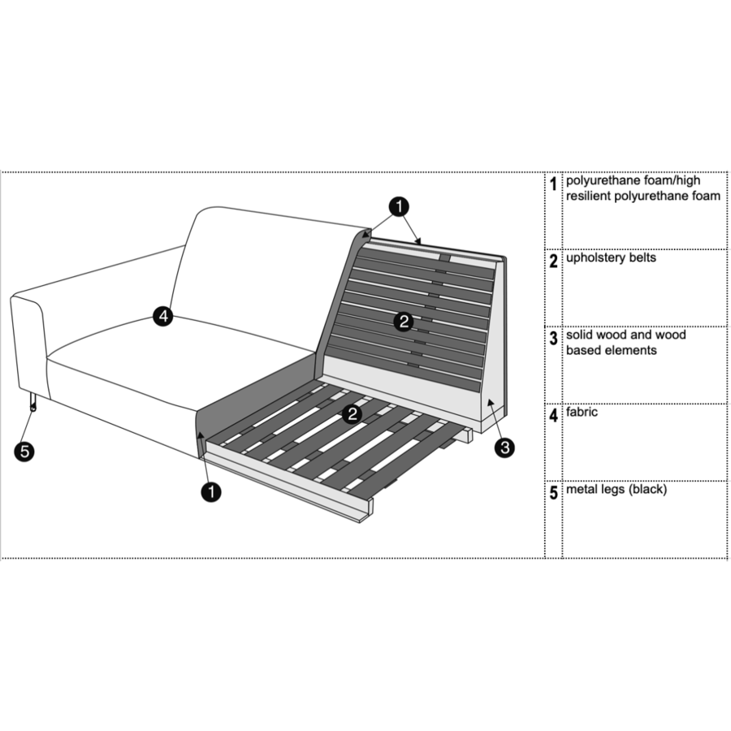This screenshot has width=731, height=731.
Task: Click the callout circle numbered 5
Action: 24,452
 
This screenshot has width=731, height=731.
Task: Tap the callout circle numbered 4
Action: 163,317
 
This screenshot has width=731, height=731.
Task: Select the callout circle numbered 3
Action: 504,448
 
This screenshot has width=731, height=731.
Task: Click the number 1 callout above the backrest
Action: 399,206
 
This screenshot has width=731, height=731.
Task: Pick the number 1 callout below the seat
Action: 211,492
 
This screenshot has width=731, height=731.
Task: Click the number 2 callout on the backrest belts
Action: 404,321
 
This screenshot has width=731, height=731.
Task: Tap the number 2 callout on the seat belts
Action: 353,413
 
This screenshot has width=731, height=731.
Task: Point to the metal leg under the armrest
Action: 32,402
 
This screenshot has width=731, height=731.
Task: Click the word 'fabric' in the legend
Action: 582,412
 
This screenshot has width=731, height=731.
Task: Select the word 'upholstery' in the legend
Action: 593,258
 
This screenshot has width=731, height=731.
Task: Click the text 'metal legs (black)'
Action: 616,490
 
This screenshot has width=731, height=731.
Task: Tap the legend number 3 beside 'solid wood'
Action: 553,338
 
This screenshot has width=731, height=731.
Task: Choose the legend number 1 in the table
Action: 553,184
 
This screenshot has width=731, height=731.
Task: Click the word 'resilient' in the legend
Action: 588,196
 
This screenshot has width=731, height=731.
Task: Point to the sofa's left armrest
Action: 29,345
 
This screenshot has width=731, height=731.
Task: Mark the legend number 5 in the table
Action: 553,493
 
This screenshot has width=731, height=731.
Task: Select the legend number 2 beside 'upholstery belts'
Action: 553,261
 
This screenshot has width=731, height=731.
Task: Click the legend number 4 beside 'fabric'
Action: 553,415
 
